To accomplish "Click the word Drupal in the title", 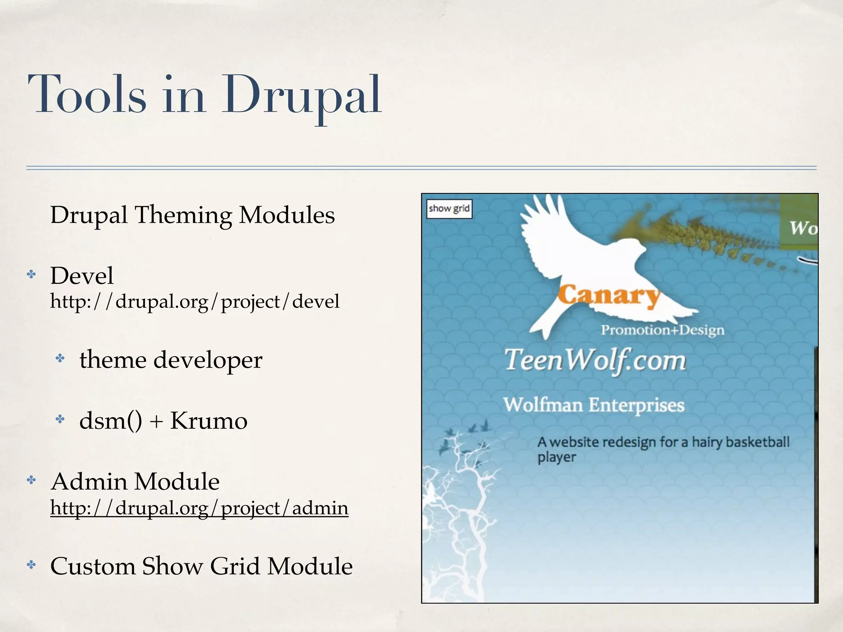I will [302, 95].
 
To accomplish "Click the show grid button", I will [449, 209].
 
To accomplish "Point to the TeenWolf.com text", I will [595, 360].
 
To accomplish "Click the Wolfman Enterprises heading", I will [594, 405].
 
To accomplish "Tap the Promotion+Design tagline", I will [662, 330].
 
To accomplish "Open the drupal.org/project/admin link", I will [199, 508].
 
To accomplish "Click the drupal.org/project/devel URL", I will [195, 301].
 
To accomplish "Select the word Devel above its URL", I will [82, 275].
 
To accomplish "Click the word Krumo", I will [209, 421].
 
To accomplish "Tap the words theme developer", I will [171, 360].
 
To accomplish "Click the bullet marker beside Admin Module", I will [32, 481].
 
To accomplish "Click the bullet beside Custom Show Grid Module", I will [32, 565].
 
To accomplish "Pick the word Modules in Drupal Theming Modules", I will [287, 215].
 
